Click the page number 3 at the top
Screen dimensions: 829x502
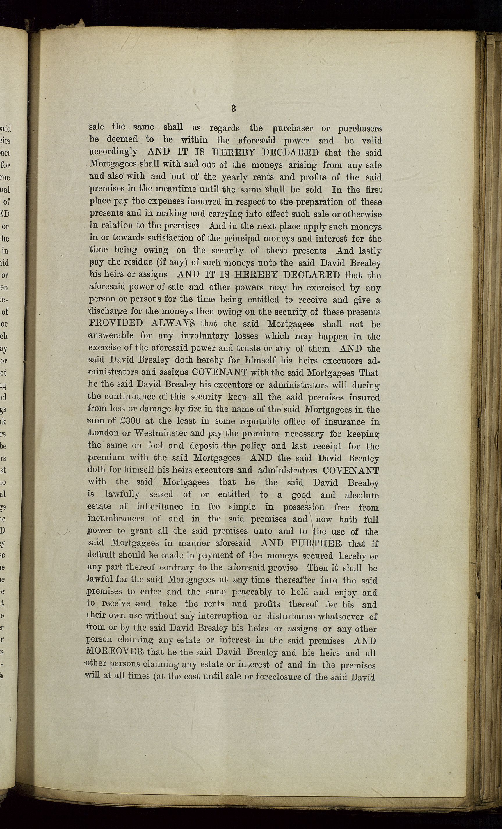(233, 108)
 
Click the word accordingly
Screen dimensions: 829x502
(113, 152)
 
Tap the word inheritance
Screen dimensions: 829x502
(160, 507)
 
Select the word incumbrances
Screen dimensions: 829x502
(116, 519)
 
